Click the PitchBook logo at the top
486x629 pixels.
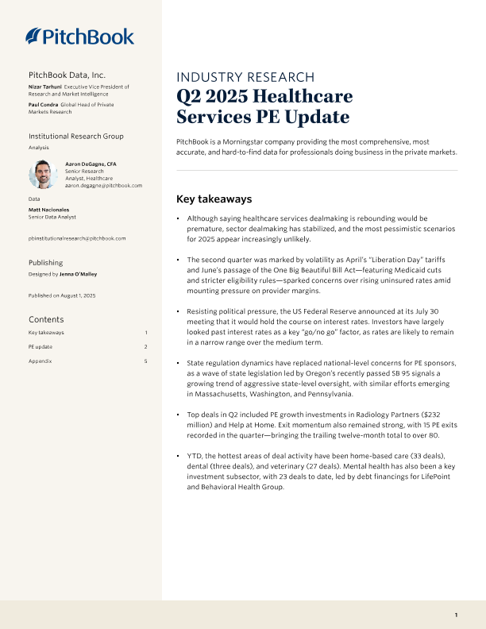pyautogui.click(x=80, y=36)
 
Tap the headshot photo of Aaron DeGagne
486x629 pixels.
pyautogui.click(x=41, y=175)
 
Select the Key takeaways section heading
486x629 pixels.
pyautogui.click(x=214, y=199)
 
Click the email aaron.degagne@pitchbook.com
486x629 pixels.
pyautogui.click(x=103, y=185)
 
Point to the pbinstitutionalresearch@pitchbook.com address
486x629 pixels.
pyautogui.click(x=77, y=238)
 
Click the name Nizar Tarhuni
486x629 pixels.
pyautogui.click(x=44, y=86)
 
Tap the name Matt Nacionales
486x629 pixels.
pyautogui.click(x=49, y=210)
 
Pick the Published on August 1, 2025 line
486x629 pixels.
pyautogui.click(x=62, y=295)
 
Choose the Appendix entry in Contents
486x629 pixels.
pyautogui.click(x=39, y=361)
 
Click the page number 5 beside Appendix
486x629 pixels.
pyautogui.click(x=146, y=361)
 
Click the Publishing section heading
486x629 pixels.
pyautogui.click(x=45, y=261)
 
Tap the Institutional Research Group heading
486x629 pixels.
pyautogui.click(x=76, y=137)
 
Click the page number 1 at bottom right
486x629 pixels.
pyautogui.click(x=456, y=615)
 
